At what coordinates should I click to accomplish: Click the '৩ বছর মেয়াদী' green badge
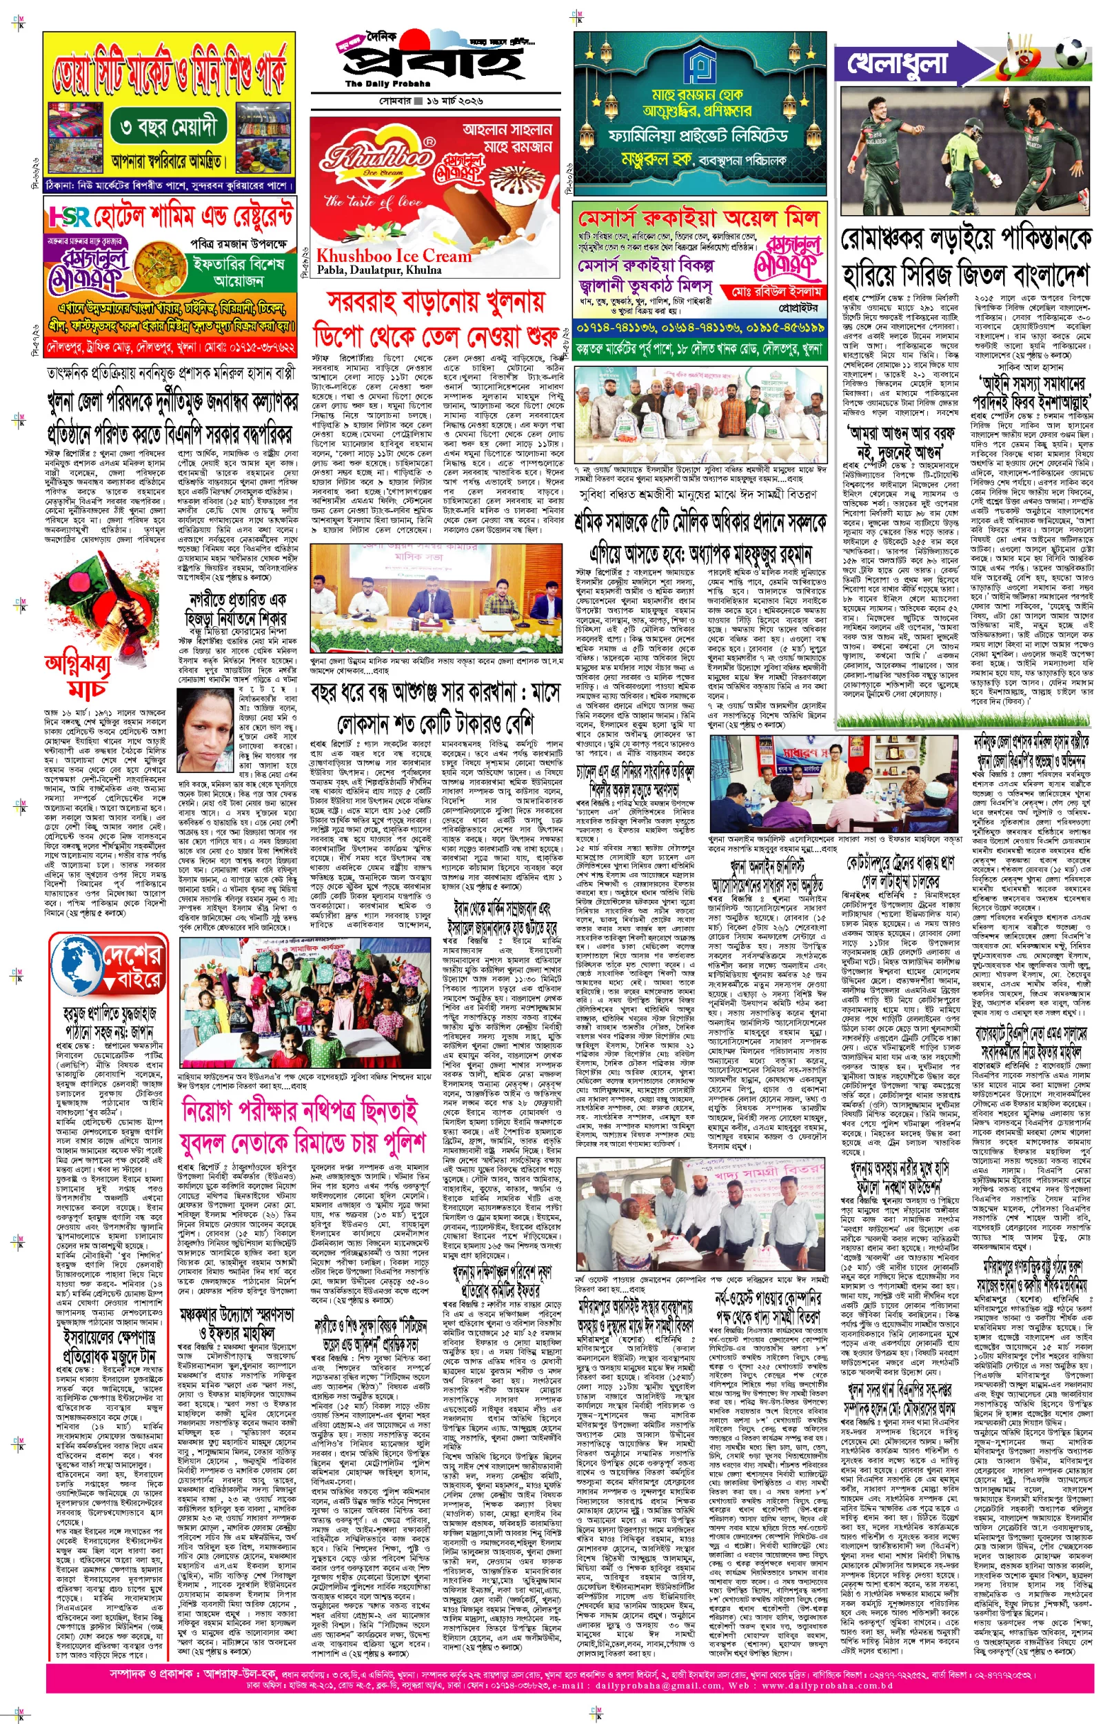172,128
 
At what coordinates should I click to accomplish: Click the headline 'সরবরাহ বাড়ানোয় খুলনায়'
436,302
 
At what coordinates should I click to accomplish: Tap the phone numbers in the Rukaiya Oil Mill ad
700,328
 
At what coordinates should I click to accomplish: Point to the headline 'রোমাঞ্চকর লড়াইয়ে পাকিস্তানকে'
967,239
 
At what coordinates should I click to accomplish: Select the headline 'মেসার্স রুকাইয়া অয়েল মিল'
698,218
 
